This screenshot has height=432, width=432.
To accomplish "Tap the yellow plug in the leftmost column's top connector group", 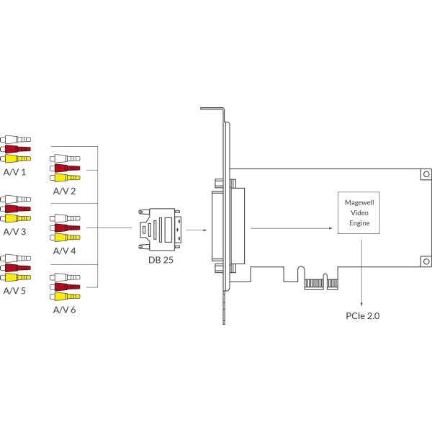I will [16, 158].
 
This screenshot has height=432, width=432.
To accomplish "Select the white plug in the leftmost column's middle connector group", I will [16, 199].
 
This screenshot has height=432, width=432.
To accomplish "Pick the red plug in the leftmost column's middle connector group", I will [16, 209].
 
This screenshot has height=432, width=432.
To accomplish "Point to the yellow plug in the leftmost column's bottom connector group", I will [16, 277].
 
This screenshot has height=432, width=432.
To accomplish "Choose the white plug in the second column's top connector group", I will [63, 159].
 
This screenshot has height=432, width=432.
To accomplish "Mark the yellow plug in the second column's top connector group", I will [63, 177].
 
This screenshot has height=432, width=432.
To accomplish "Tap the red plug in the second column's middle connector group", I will [63, 228].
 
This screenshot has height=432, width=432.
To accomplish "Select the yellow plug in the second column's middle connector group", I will [63, 237].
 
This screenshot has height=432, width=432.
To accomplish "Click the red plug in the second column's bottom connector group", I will [63, 287].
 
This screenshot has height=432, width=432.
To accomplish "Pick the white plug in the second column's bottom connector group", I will [63, 277].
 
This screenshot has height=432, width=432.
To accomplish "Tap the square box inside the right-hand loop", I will [356, 212].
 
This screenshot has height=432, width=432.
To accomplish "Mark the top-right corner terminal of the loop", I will [423, 174].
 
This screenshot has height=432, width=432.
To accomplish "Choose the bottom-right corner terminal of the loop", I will [423, 261].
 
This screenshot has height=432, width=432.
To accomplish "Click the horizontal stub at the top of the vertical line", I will [212, 109].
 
